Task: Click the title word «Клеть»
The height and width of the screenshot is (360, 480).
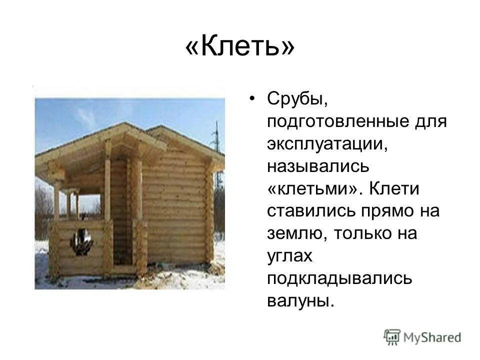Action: point(240,49)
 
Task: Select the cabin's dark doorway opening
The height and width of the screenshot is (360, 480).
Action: point(119,215)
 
